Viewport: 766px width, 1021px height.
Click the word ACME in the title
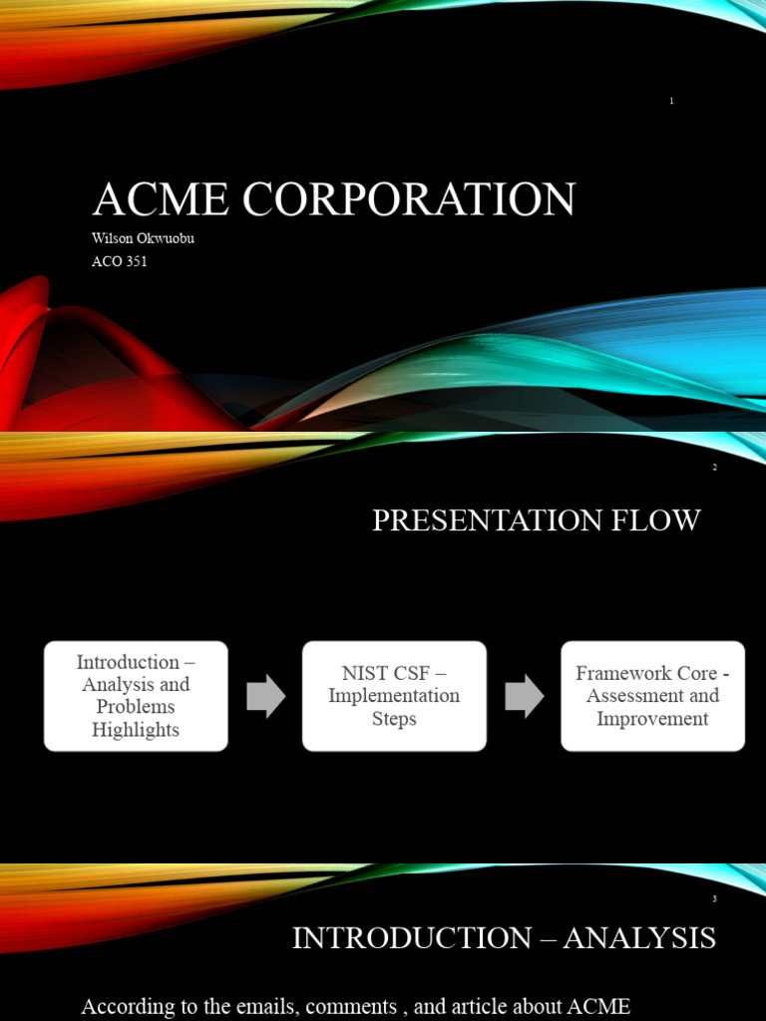[x=159, y=199]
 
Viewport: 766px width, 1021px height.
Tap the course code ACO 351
[x=120, y=262]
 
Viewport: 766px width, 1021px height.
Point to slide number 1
[x=671, y=102]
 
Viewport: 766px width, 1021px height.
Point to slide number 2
[x=714, y=468]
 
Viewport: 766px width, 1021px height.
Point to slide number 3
[x=714, y=899]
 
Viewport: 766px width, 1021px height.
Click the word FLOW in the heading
[x=663, y=520]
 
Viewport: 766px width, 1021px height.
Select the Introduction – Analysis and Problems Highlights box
[x=136, y=696]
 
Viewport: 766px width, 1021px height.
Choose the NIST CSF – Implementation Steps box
[x=394, y=696]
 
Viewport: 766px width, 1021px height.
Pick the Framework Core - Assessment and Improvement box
[x=652, y=696]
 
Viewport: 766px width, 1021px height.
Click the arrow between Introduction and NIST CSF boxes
[x=265, y=696]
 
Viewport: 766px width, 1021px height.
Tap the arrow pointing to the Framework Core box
[x=524, y=696]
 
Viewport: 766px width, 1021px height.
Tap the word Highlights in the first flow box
[x=136, y=730]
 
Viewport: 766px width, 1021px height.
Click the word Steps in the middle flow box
[x=394, y=719]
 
